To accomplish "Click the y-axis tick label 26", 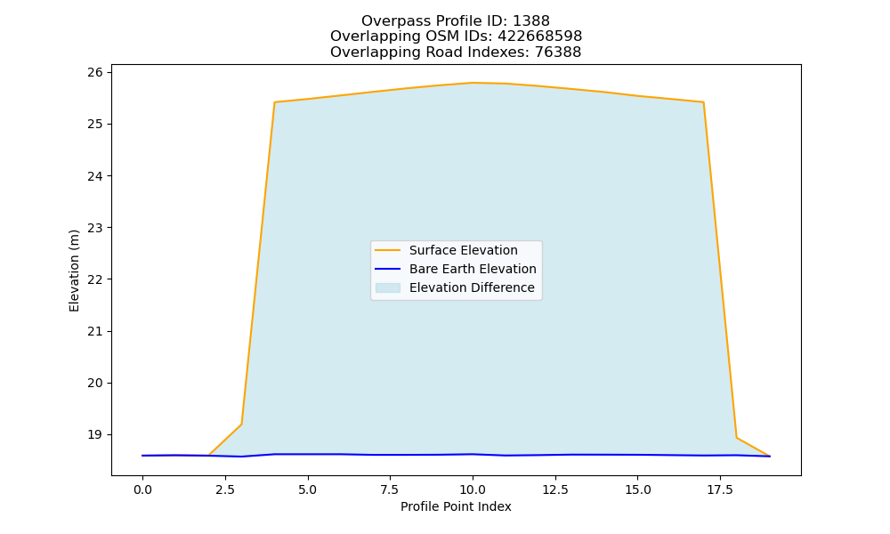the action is [95, 72].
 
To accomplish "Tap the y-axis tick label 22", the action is [95, 279].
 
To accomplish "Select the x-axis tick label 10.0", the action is [473, 489].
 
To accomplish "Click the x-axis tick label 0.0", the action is [142, 489].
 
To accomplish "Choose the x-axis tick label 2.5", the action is [225, 489].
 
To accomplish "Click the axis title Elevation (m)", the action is [75, 271].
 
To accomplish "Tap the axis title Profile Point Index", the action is [456, 506].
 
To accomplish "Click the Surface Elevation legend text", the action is [463, 250].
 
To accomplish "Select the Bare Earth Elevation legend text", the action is [473, 269].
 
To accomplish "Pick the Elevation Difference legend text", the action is [472, 287].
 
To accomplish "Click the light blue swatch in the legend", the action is [388, 287].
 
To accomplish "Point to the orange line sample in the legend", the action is [388, 250].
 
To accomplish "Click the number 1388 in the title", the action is [530, 21].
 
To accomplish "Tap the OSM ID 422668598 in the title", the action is [540, 36].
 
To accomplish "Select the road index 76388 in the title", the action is [558, 53].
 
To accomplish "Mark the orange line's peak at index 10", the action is [473, 83].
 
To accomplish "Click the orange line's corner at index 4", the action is [274, 102].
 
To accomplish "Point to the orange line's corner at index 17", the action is [703, 102].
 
